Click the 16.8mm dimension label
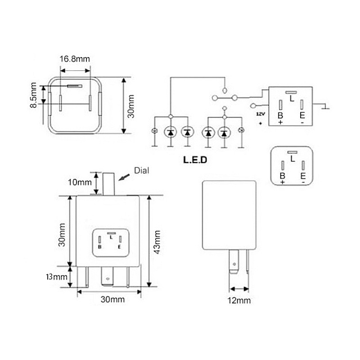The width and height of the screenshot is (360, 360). pyautogui.click(x=75, y=59)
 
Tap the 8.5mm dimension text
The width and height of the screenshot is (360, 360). pyautogui.click(x=33, y=95)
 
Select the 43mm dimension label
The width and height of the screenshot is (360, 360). pyautogui.click(x=157, y=242)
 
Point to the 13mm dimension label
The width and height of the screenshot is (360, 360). pyautogui.click(x=57, y=277)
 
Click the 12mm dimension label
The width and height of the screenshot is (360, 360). pyautogui.click(x=239, y=300)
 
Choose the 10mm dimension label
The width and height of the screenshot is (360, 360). pyautogui.click(x=80, y=182)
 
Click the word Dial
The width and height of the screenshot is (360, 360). pyautogui.click(x=141, y=171)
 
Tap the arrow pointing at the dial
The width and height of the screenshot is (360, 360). pyautogui.click(x=124, y=177)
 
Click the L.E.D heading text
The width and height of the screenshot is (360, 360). pyautogui.click(x=195, y=160)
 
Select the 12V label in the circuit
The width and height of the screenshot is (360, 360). pyautogui.click(x=261, y=114)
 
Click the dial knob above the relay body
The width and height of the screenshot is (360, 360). pyautogui.click(x=108, y=184)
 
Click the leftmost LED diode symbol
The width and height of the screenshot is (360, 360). pyautogui.click(x=171, y=132)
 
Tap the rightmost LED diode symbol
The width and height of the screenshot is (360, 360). pyautogui.click(x=224, y=133)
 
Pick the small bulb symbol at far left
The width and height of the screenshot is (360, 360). pyautogui.click(x=154, y=131)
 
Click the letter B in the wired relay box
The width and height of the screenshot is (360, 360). pyautogui.click(x=280, y=115)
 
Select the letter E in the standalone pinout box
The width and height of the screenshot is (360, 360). pyautogui.click(x=303, y=176)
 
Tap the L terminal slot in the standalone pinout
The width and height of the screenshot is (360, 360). pyautogui.click(x=292, y=152)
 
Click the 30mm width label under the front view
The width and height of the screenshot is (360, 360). pyautogui.click(x=112, y=299)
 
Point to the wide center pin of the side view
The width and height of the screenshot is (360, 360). pyautogui.click(x=234, y=262)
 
